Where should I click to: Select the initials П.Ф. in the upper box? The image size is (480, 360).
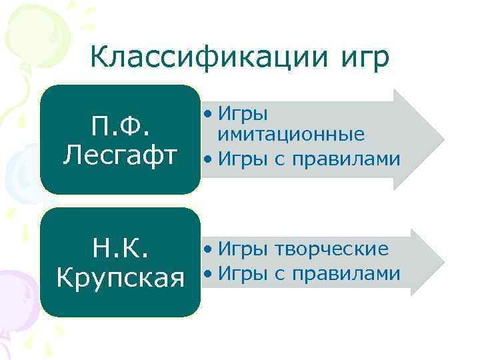click(x=120, y=124)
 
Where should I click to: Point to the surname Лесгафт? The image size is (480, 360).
click(x=120, y=155)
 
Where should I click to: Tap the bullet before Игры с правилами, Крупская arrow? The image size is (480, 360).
click(x=209, y=274)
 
